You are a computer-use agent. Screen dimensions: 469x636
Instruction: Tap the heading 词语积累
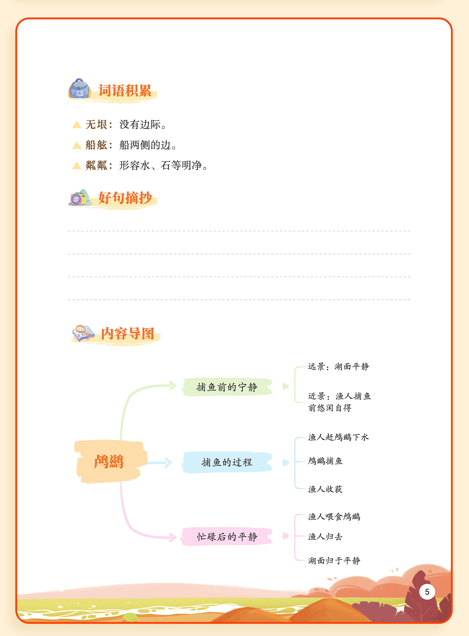click(x=125, y=91)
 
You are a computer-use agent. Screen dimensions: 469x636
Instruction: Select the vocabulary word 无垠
click(x=96, y=124)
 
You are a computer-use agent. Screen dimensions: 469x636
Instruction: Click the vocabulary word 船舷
click(x=96, y=145)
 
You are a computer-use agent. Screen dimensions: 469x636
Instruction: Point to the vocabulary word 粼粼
click(x=96, y=165)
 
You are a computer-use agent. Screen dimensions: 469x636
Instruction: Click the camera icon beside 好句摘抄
click(x=79, y=198)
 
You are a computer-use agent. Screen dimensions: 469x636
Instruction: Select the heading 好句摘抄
click(x=125, y=198)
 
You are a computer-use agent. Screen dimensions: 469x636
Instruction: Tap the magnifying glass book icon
click(x=83, y=333)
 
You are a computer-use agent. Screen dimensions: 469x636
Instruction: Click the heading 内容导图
click(x=128, y=334)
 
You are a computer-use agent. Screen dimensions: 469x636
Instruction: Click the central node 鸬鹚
click(x=109, y=462)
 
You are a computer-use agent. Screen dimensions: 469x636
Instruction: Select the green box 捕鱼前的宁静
click(x=227, y=387)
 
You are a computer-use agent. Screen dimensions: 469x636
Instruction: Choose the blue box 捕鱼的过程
click(x=227, y=462)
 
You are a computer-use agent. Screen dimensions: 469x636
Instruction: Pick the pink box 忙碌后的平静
click(x=227, y=537)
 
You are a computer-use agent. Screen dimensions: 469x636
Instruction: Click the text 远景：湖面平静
click(x=338, y=367)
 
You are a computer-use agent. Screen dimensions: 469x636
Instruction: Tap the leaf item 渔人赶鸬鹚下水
click(x=338, y=437)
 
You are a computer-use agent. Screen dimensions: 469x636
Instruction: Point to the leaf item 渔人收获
click(x=325, y=489)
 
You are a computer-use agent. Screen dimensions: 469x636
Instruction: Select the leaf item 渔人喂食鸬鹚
click(x=334, y=517)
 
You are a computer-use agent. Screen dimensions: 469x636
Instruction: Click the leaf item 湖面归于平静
click(x=334, y=561)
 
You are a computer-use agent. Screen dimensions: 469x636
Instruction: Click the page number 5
click(x=427, y=592)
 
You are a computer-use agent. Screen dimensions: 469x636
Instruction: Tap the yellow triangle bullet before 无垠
click(x=77, y=125)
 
